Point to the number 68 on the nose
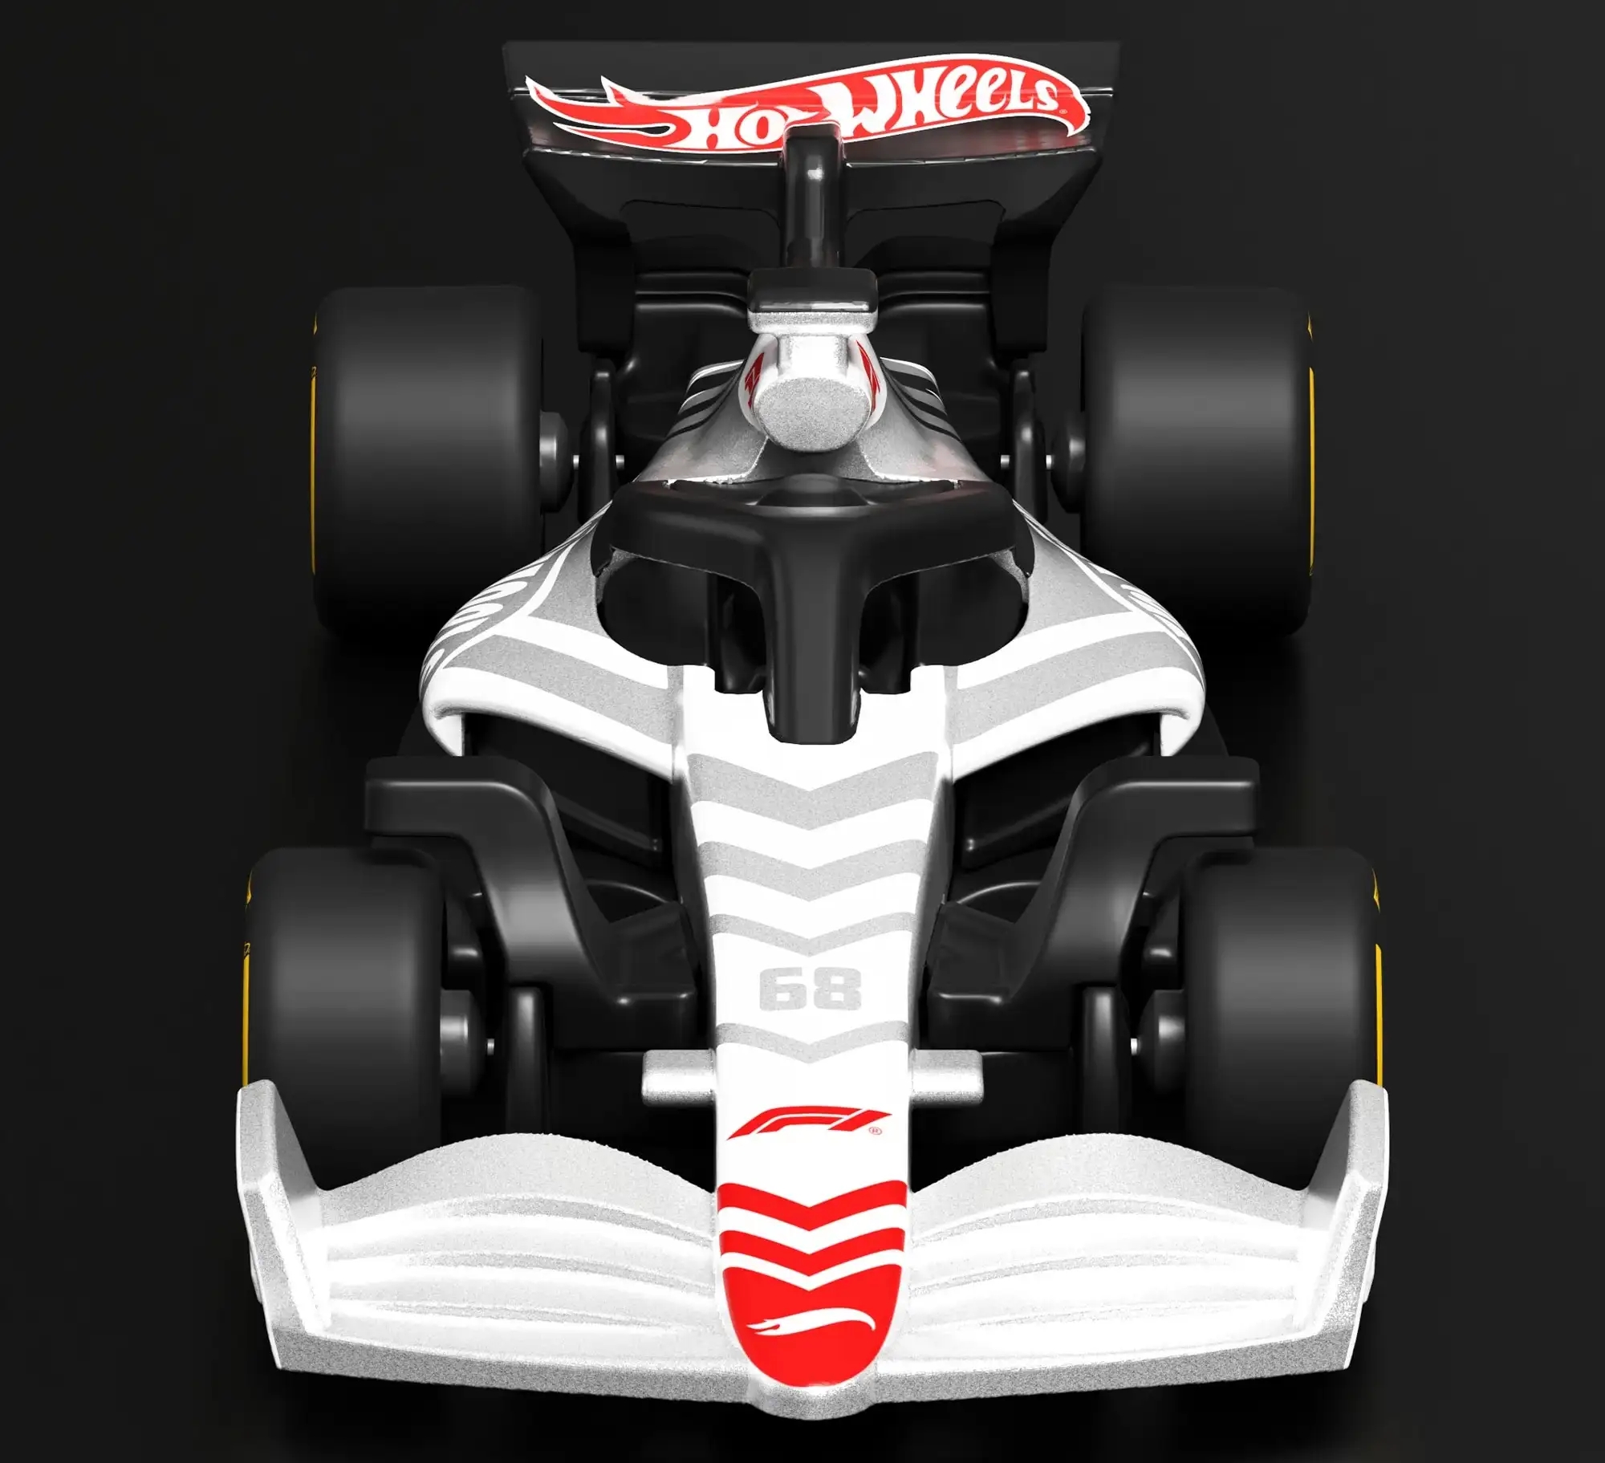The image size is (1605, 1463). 810,988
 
